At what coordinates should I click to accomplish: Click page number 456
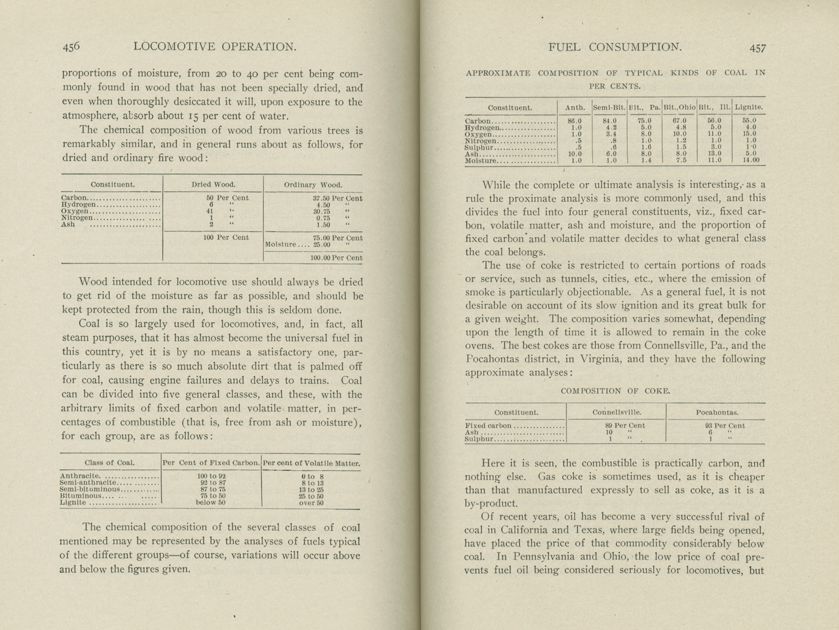71,47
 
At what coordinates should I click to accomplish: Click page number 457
758,48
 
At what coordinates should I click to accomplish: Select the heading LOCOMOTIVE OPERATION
215,47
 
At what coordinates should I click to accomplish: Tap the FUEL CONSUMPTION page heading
615,47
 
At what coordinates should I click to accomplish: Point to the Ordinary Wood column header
313,185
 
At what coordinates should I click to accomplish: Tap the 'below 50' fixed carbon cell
211,503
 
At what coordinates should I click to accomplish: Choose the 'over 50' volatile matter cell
311,503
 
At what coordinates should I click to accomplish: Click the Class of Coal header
110,463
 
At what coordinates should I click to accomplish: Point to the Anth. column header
575,108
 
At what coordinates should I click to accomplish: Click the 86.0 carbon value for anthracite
575,121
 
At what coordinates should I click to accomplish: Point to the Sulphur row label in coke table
479,439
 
